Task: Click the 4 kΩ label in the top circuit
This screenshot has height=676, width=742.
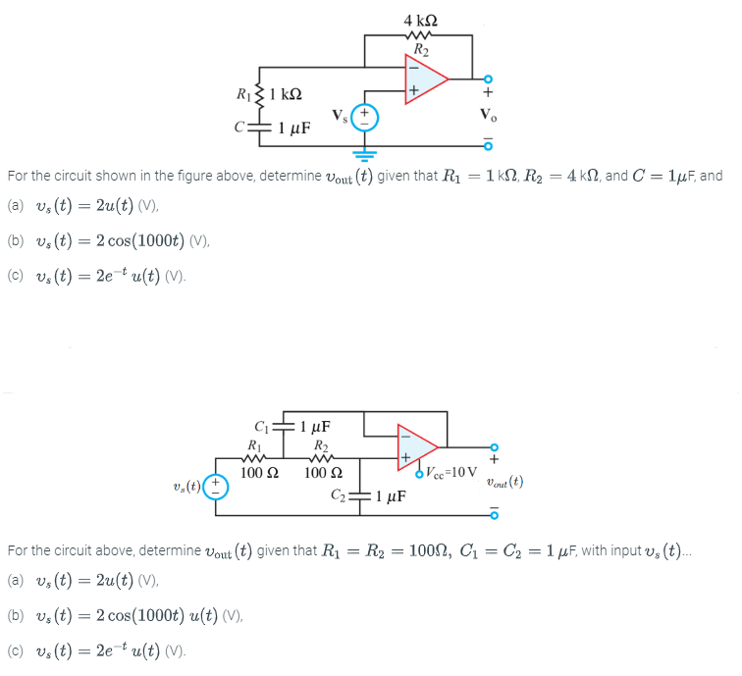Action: [421, 22]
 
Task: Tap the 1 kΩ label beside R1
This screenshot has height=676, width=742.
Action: [285, 94]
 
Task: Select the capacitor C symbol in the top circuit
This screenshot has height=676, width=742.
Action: [258, 126]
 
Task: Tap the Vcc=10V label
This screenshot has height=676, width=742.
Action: [451, 471]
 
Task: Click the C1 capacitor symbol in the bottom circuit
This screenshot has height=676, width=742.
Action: [283, 427]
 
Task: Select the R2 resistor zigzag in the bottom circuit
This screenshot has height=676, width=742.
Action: [318, 456]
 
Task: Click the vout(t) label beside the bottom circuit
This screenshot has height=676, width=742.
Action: [503, 482]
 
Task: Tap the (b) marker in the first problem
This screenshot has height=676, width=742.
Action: [16, 241]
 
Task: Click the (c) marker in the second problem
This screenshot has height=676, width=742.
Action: [16, 651]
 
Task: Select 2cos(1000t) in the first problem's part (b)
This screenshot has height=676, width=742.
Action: [125, 241]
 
